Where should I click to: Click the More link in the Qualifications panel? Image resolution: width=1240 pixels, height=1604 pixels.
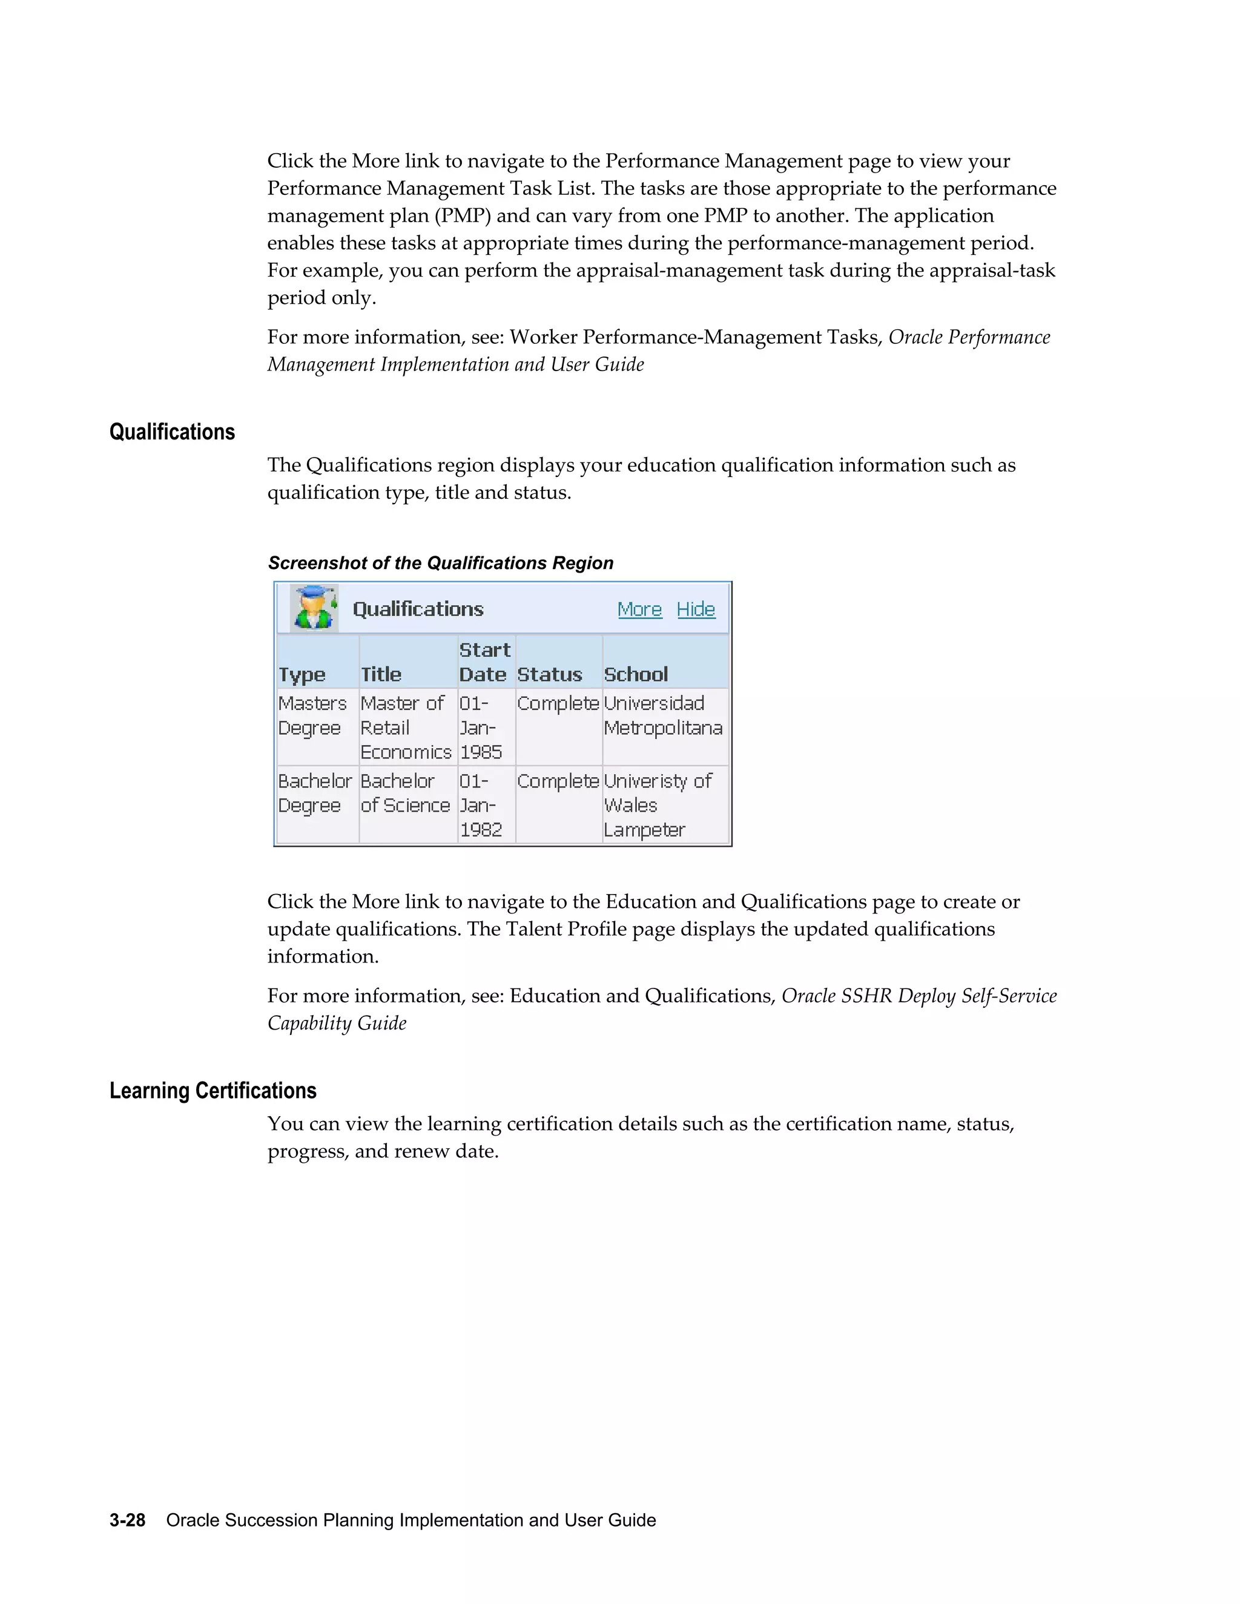click(639, 610)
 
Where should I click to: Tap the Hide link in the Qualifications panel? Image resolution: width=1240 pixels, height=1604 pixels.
click(696, 610)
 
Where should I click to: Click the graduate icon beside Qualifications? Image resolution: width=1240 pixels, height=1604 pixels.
click(314, 608)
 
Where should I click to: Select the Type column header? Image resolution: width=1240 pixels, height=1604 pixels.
click(302, 674)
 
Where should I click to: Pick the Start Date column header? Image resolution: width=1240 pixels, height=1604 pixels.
click(484, 662)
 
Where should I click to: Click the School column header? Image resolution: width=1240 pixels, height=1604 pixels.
click(635, 674)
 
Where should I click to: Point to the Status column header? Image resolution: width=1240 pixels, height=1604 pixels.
click(550, 674)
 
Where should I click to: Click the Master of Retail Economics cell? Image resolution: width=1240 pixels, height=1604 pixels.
click(405, 727)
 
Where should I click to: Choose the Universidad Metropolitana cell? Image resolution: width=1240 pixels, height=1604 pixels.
click(662, 715)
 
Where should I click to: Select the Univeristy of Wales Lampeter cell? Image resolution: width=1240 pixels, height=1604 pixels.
click(658, 805)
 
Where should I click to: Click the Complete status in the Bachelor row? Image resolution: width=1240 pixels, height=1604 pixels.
click(558, 781)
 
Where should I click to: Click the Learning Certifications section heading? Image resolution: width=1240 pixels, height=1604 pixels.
click(213, 1091)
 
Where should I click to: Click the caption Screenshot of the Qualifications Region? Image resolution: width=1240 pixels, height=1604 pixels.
click(441, 564)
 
